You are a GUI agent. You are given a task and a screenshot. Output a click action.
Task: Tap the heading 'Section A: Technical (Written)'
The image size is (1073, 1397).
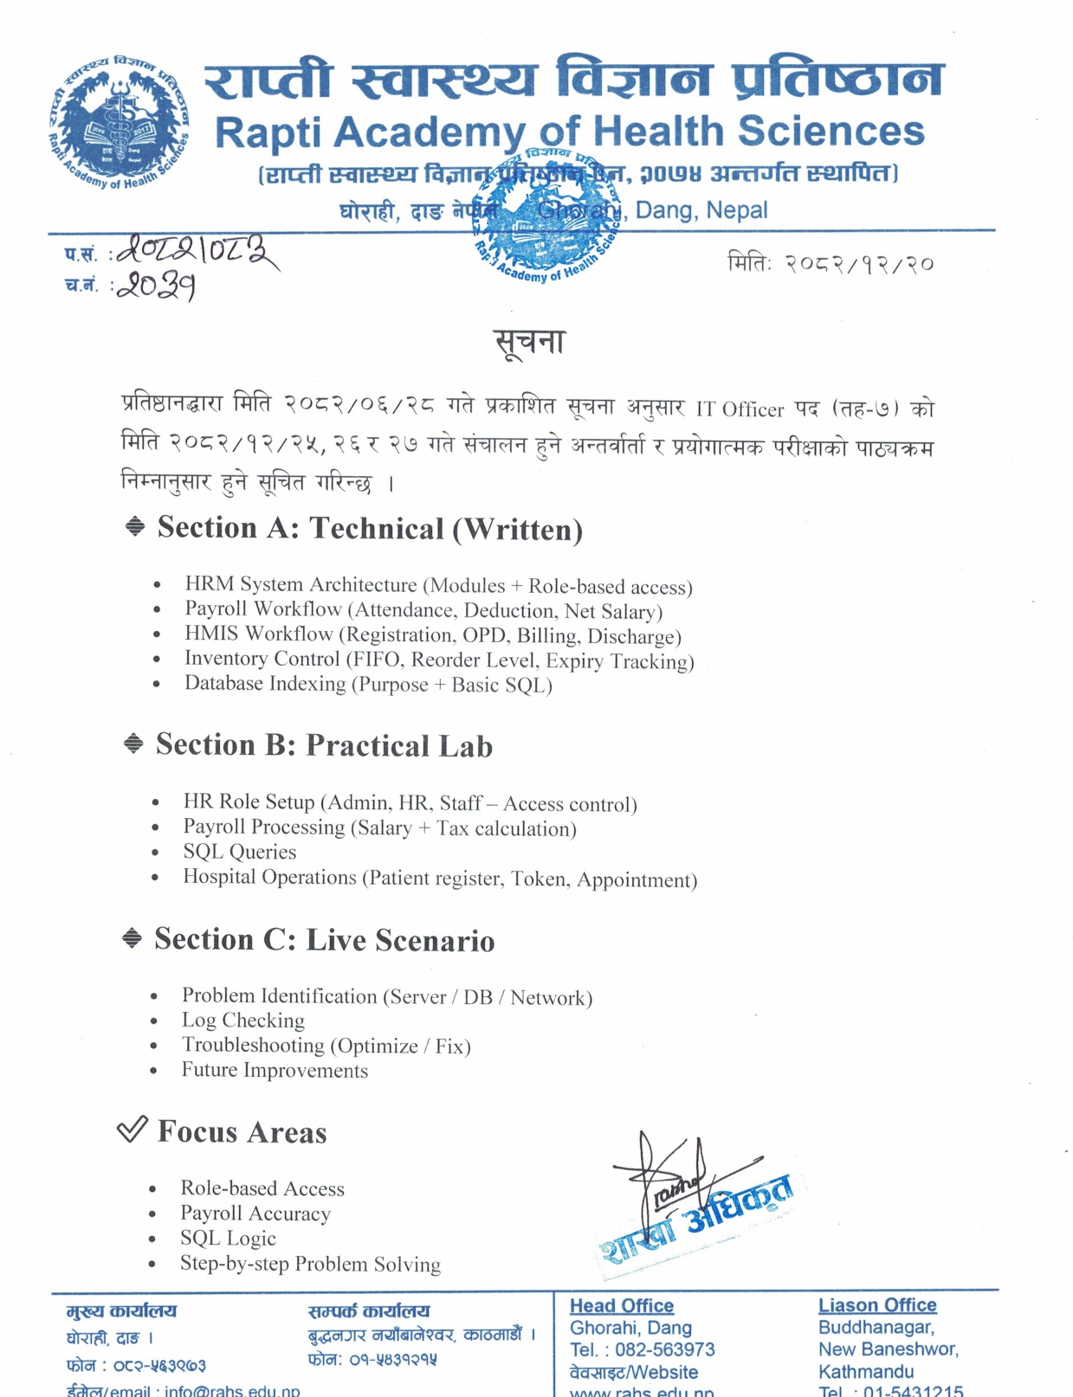(x=370, y=528)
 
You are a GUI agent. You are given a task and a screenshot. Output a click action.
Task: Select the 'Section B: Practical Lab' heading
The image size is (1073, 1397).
(x=324, y=745)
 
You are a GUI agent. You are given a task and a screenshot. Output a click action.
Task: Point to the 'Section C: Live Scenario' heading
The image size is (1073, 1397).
(x=325, y=940)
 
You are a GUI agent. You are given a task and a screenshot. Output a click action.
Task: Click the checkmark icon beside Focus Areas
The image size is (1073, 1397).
(x=132, y=1129)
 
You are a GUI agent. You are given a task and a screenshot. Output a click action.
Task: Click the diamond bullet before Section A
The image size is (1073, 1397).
(x=135, y=526)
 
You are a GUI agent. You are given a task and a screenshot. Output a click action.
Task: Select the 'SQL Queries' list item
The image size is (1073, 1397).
(x=240, y=852)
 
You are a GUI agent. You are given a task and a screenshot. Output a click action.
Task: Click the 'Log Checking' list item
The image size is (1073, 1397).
(x=243, y=1020)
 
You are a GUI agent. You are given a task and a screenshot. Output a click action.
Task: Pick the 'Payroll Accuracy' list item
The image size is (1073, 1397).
(x=255, y=1214)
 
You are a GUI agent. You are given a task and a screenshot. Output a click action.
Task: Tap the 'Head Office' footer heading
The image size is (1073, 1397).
(x=622, y=1305)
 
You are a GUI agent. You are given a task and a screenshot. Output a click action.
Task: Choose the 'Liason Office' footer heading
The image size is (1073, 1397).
(x=877, y=1305)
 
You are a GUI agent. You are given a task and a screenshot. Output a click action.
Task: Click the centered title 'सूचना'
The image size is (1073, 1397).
(x=529, y=343)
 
